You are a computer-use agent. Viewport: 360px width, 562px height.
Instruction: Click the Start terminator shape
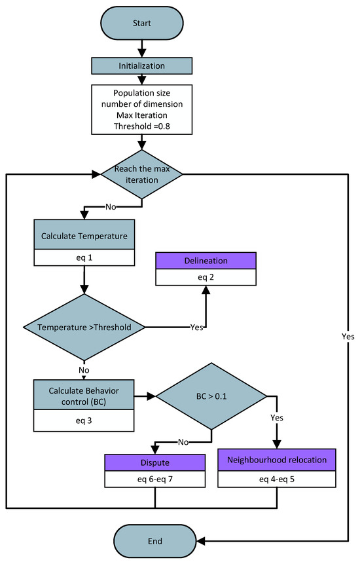point(141,23)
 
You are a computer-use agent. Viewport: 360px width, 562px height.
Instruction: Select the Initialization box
point(141,67)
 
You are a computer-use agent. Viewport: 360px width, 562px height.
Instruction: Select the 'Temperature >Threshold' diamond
point(84,326)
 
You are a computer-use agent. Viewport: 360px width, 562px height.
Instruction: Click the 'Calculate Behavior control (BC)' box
point(85,396)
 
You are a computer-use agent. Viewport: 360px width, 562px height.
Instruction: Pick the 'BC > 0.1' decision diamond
point(211,396)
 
